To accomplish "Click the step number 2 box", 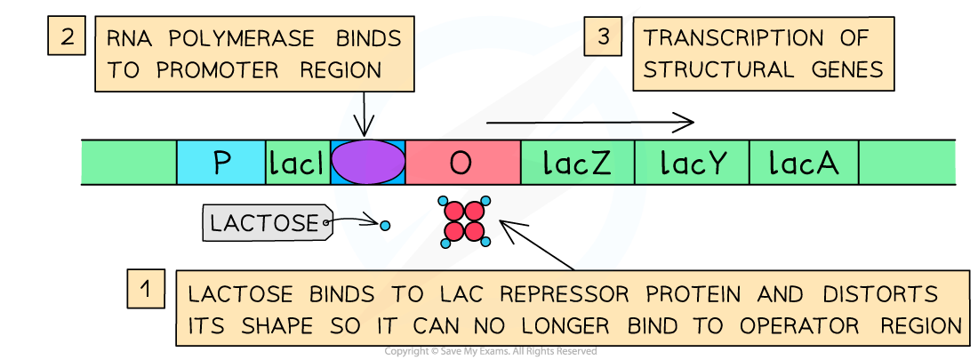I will tap(68, 37).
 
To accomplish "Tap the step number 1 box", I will tap(145, 289).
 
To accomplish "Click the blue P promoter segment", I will tap(221, 163).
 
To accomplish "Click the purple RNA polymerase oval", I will tap(368, 162).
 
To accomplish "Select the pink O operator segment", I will tap(462, 163).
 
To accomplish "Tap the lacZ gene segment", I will tap(577, 163).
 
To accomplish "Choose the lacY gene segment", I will tap(692, 163).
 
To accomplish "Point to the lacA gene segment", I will tap(804, 163).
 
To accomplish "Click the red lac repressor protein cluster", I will tap(465, 221).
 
